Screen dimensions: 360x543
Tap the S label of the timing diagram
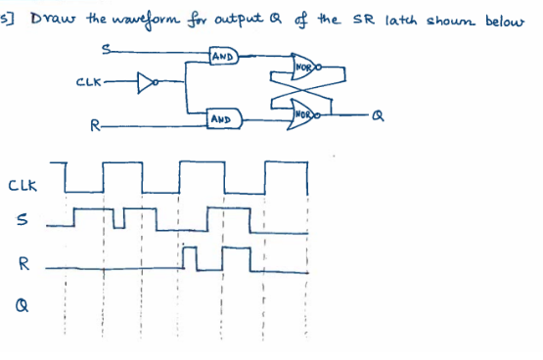pyautogui.click(x=22, y=222)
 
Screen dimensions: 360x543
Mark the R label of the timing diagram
pyautogui.click(x=23, y=264)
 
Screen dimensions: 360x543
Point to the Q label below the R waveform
pyautogui.click(x=22, y=305)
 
